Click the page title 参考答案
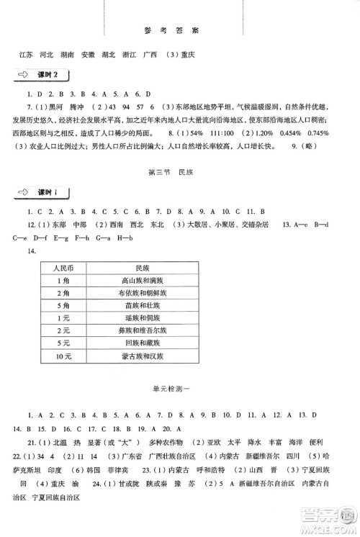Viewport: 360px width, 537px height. click(179, 32)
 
